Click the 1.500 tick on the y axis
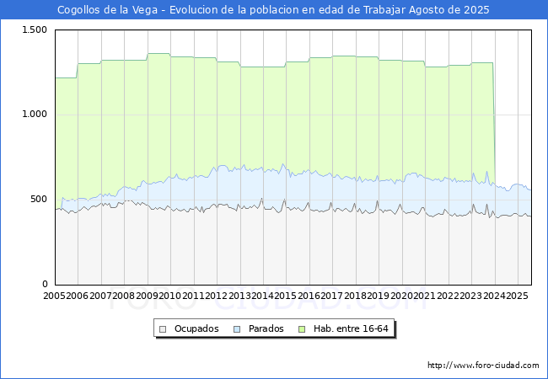click(x=35, y=30)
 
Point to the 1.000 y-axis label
click(x=35, y=115)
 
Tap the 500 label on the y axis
click(x=39, y=200)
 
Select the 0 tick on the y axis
click(x=45, y=284)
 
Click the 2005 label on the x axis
click(x=54, y=296)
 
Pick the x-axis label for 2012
click(x=217, y=296)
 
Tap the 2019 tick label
click(x=379, y=296)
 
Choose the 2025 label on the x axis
click(x=518, y=296)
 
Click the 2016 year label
click(x=309, y=296)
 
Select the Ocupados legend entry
click(x=189, y=328)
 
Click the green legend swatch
click(x=302, y=329)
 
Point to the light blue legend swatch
click(x=237, y=329)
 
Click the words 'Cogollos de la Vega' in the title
click(x=108, y=10)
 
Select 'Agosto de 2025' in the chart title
click(x=449, y=10)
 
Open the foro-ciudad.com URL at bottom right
click(x=483, y=366)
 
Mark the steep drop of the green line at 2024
click(x=494, y=122)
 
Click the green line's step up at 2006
click(x=78, y=71)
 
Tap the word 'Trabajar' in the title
click(x=384, y=10)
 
